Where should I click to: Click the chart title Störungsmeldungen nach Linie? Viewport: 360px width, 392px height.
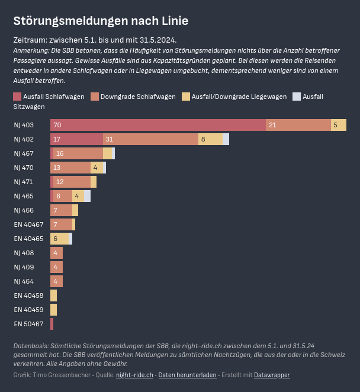tap(101, 21)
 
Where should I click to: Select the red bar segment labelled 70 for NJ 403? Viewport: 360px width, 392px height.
tap(158, 125)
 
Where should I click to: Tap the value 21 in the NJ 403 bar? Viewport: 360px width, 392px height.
tap(272, 125)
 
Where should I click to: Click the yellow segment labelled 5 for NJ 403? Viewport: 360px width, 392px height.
tap(338, 125)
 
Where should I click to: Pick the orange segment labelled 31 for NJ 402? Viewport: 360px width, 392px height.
tap(150, 139)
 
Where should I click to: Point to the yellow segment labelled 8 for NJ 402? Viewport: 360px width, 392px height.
tap(210, 139)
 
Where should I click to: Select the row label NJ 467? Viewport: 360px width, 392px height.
tap(24, 153)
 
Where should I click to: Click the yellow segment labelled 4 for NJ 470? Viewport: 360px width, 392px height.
tap(97, 168)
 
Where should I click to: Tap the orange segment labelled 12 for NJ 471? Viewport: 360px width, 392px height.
tap(72, 182)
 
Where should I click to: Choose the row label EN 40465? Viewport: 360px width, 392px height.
tap(28, 239)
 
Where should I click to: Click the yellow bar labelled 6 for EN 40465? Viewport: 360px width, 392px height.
tap(59, 239)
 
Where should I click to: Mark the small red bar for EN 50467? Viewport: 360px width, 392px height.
tap(52, 324)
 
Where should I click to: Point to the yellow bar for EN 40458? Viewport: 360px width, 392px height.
tap(53, 295)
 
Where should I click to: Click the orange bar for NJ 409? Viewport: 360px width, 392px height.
tap(56, 267)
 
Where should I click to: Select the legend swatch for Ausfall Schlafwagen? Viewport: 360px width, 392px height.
tap(17, 97)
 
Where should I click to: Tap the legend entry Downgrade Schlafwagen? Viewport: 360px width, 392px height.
tap(138, 97)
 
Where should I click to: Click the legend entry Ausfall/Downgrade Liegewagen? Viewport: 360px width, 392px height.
tap(239, 97)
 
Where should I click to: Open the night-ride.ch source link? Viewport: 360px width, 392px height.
tap(134, 375)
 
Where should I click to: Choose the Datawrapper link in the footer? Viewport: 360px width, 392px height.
tap(272, 375)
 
